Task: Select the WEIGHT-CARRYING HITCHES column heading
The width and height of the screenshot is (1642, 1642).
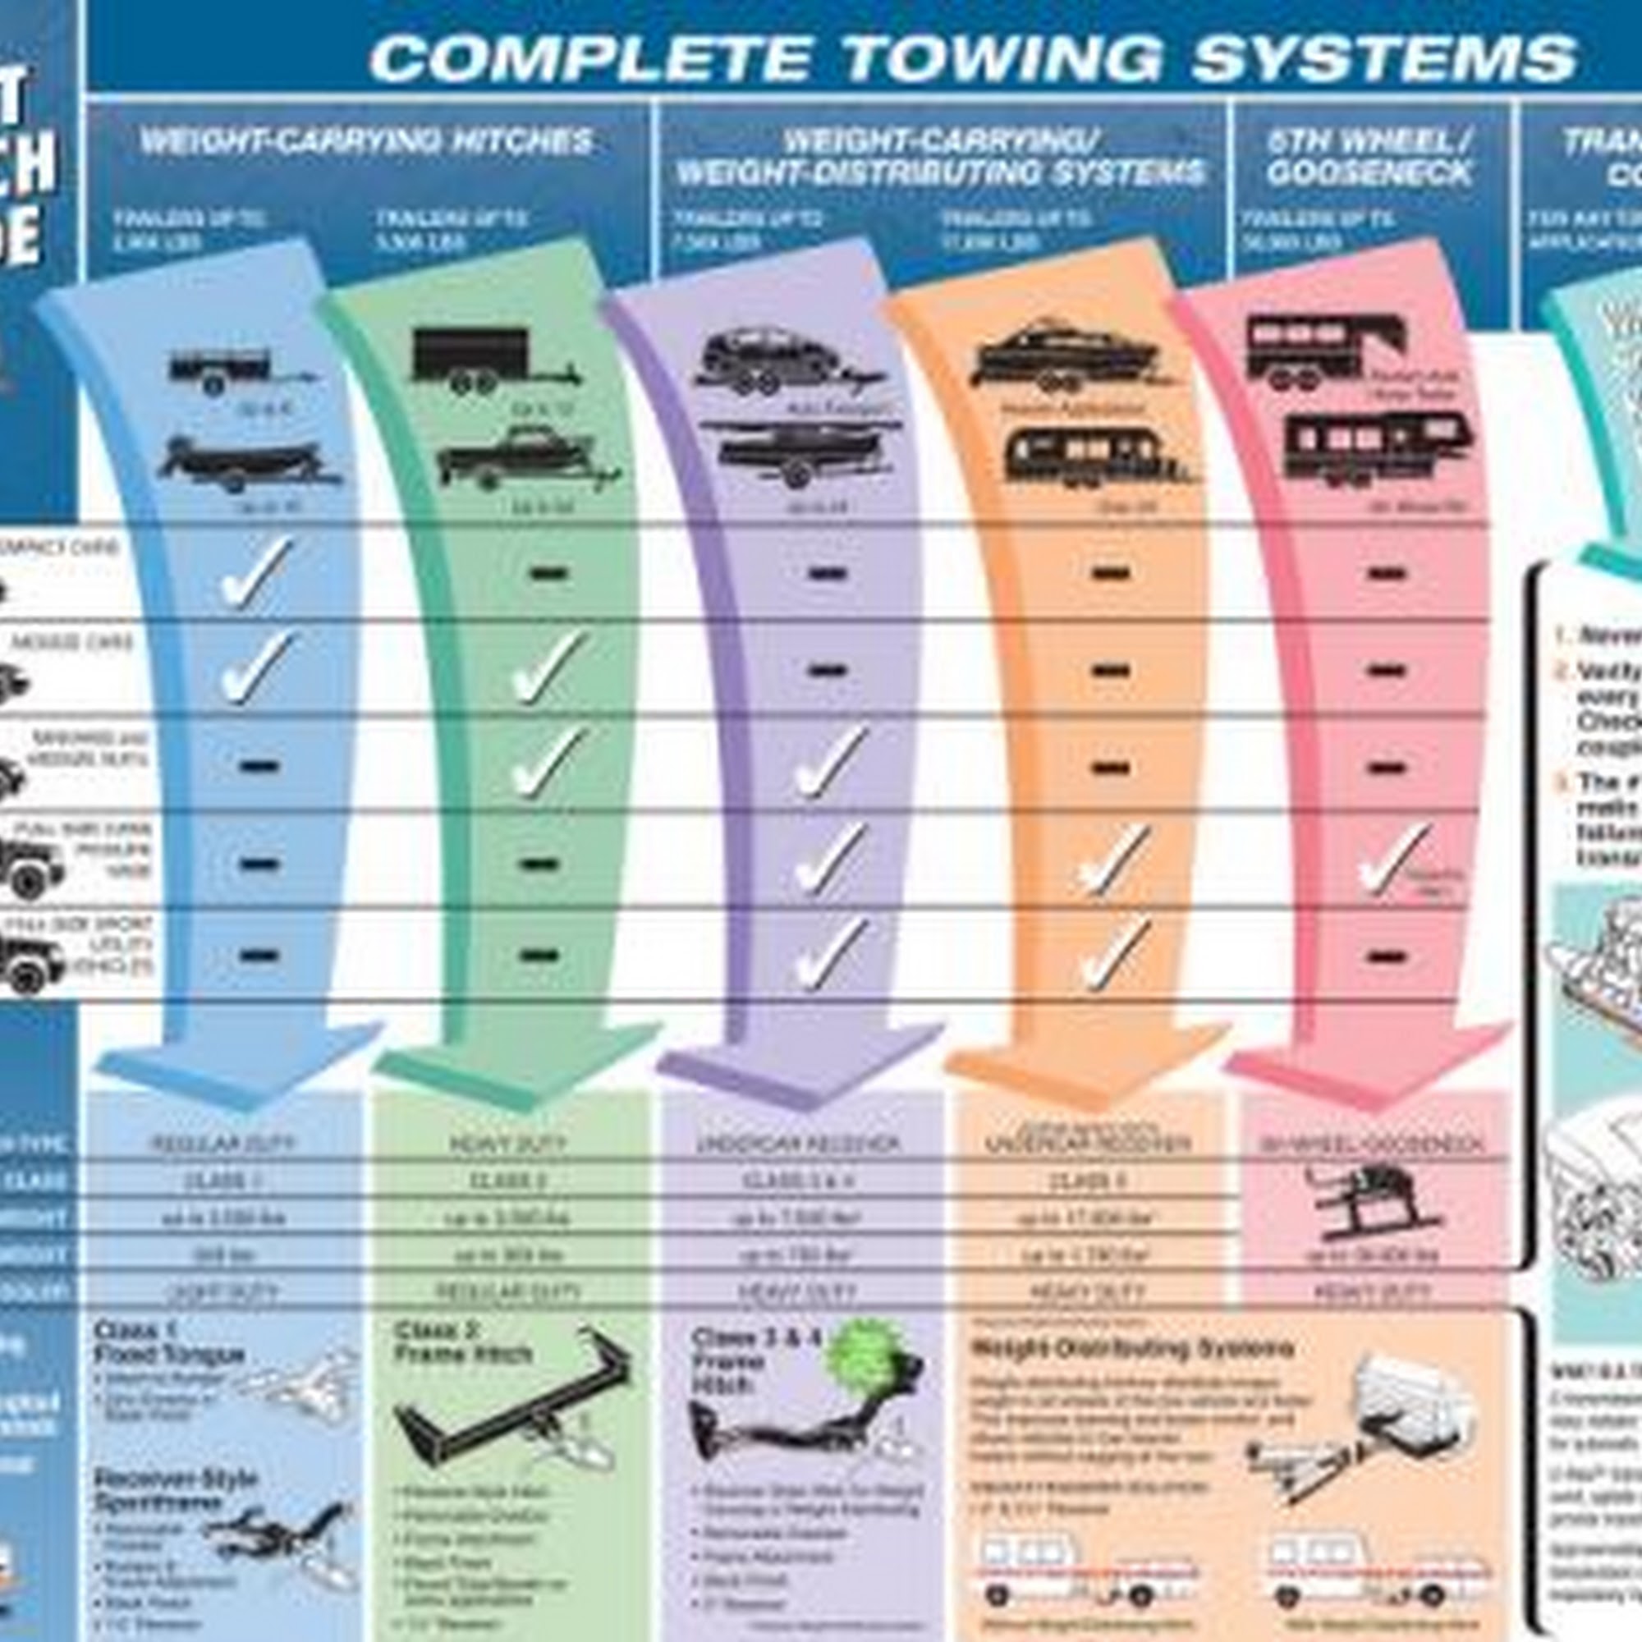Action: [366, 141]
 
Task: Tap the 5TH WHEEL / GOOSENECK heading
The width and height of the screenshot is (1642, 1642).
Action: [1369, 158]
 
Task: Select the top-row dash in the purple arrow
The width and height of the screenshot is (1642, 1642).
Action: [827, 574]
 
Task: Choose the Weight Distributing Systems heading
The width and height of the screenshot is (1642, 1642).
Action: [1131, 1348]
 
